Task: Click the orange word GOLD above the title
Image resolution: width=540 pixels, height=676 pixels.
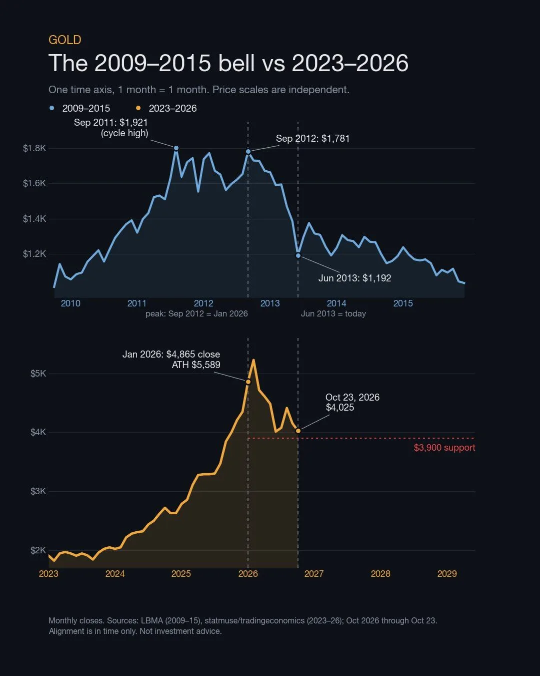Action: (x=65, y=40)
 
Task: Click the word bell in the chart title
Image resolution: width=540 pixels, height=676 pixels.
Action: (x=236, y=63)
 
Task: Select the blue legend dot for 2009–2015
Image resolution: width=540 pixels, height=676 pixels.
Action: (x=52, y=108)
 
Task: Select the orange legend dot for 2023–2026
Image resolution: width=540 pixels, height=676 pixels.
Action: (x=138, y=108)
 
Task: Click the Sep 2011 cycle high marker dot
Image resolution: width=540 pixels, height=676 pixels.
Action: (x=176, y=148)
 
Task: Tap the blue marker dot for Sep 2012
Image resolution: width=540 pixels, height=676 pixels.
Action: (x=248, y=151)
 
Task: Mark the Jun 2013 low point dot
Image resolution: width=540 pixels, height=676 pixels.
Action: (x=298, y=255)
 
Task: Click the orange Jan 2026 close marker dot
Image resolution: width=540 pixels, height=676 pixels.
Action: (x=248, y=382)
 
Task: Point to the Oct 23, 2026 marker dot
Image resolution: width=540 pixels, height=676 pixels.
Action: (x=298, y=431)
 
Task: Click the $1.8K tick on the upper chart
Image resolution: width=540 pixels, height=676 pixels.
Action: (x=34, y=148)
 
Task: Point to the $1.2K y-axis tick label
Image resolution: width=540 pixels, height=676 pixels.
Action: (x=34, y=253)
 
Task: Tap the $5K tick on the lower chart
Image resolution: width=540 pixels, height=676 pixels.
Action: (x=38, y=374)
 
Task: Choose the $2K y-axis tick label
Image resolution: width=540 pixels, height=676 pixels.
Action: (x=38, y=550)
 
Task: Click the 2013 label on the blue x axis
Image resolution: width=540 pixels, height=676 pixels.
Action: (x=270, y=303)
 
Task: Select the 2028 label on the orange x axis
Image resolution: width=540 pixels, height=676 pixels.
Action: (x=380, y=573)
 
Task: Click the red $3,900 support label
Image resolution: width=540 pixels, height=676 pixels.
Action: (x=444, y=447)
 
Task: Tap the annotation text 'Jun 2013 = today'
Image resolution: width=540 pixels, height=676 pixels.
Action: (x=333, y=313)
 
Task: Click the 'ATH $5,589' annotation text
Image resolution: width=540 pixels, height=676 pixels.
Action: (x=196, y=365)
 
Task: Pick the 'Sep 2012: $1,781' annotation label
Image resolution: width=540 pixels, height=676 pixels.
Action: (x=312, y=138)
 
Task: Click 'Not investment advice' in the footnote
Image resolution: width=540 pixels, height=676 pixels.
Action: (x=180, y=631)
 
